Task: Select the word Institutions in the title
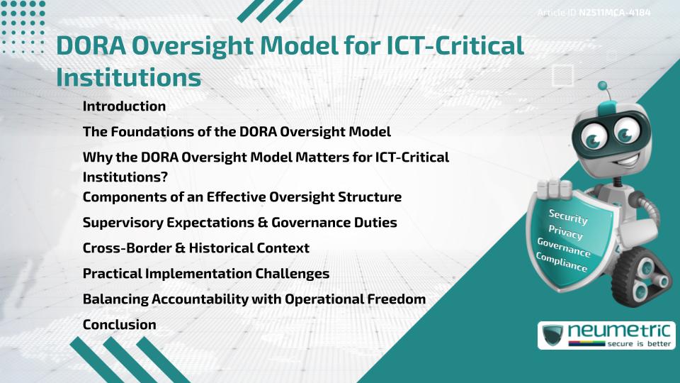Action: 127,77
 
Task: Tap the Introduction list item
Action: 124,106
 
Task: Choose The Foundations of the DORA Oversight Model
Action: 237,132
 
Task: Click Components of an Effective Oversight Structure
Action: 242,196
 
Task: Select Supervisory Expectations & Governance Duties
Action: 239,223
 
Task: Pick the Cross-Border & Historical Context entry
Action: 196,248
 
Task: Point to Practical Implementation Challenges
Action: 206,274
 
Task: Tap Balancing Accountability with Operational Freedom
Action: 254,299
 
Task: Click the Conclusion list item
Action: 119,325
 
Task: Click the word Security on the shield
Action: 568,216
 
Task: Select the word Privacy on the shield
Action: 566,233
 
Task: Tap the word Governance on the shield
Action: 564,248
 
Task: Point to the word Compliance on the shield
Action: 562,262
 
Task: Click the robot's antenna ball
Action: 604,88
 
